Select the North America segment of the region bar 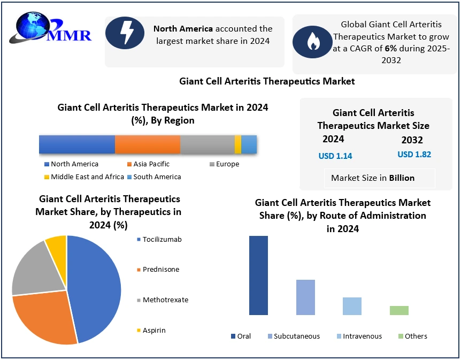pyautogui.click(x=77, y=144)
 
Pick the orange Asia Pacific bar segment pyautogui.click(x=148, y=144)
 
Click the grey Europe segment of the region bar pyautogui.click(x=207, y=144)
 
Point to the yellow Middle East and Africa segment pyautogui.click(x=238, y=144)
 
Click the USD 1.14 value pyautogui.click(x=335, y=156)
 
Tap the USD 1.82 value pyautogui.click(x=414, y=155)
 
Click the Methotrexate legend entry pyautogui.click(x=163, y=300)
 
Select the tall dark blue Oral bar pyautogui.click(x=258, y=275)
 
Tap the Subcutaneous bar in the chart pyautogui.click(x=305, y=297)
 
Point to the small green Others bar pyautogui.click(x=399, y=310)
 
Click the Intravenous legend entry pyautogui.click(x=359, y=336)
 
